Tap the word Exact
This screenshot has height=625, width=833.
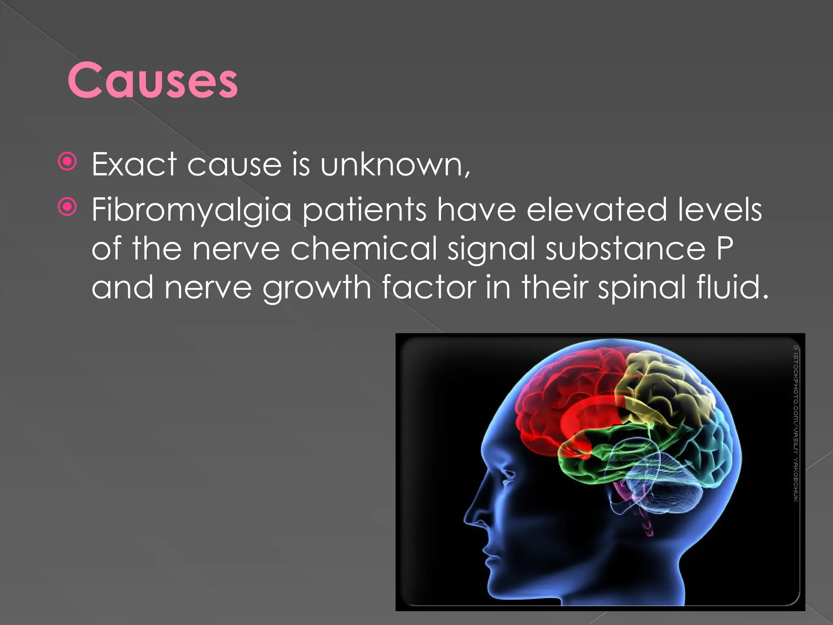click(134, 164)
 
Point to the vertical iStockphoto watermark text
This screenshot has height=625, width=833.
click(796, 423)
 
